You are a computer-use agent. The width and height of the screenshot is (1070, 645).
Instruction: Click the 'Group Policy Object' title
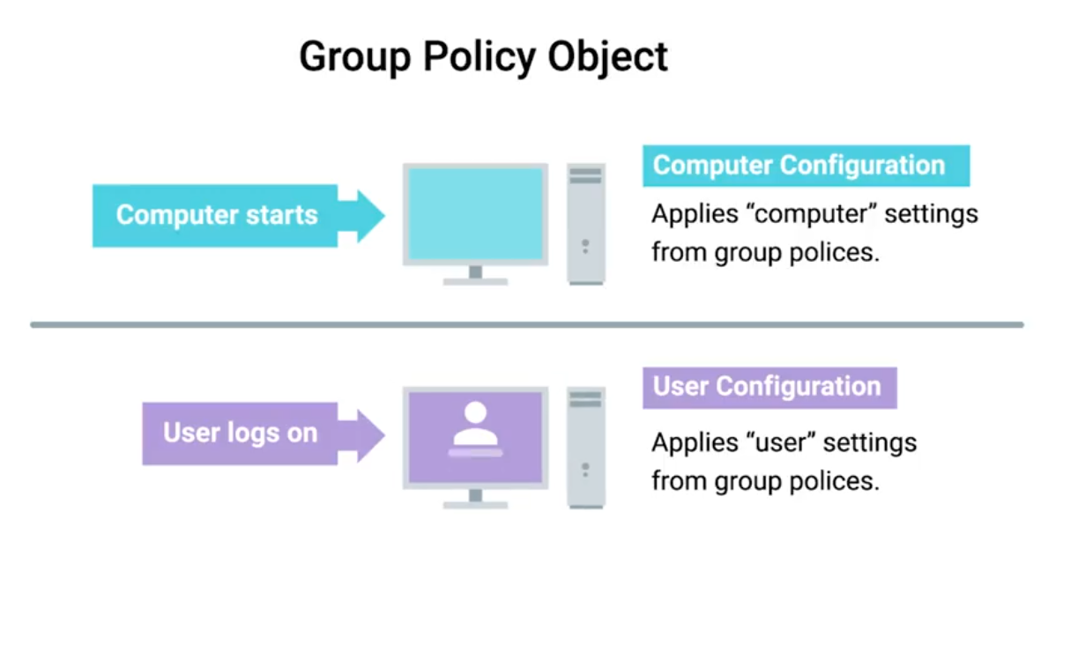tap(483, 57)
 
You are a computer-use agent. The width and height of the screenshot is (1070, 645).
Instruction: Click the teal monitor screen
tap(475, 213)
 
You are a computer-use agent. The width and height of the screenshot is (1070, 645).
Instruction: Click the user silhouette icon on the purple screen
tap(475, 427)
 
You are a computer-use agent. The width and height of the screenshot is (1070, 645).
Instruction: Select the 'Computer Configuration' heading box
tap(806, 166)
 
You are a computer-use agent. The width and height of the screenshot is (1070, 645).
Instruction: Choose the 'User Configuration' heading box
tap(769, 387)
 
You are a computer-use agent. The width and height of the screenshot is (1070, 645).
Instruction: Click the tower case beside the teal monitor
tap(585, 224)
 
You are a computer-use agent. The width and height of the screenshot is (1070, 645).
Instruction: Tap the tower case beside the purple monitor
tap(585, 448)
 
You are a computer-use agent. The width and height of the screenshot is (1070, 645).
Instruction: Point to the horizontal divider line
tap(527, 325)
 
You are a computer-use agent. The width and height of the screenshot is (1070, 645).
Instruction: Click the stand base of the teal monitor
tap(475, 281)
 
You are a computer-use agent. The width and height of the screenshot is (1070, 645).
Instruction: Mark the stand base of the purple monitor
tap(475, 505)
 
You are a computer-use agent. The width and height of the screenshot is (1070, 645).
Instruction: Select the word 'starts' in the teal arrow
tap(281, 215)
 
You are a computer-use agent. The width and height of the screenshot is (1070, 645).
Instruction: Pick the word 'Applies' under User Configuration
tap(695, 442)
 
